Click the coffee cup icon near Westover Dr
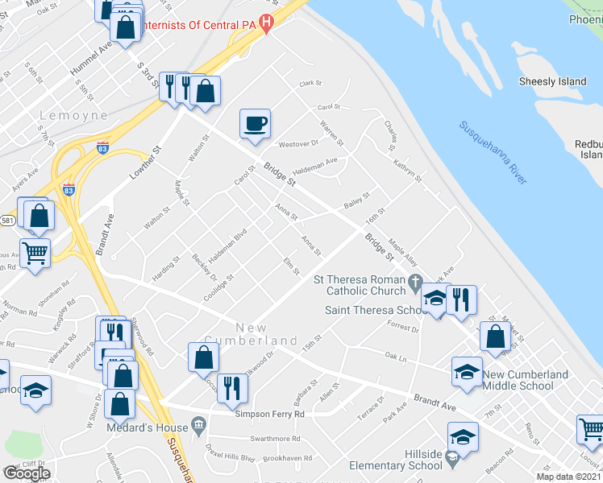pyautogui.click(x=255, y=124)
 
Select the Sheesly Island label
pyautogui.click(x=552, y=81)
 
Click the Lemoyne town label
pyautogui.click(x=73, y=115)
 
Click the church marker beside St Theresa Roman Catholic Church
pyautogui.click(x=415, y=283)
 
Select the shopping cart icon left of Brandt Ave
pyautogui.click(x=35, y=254)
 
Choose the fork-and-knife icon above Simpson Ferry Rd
pyautogui.click(x=232, y=387)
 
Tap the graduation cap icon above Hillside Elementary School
pyautogui.click(x=463, y=437)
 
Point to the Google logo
pyautogui.click(x=27, y=473)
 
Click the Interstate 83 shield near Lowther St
pyautogui.click(x=69, y=191)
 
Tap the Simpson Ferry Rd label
pyautogui.click(x=269, y=414)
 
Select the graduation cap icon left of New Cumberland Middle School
pyautogui.click(x=467, y=371)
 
